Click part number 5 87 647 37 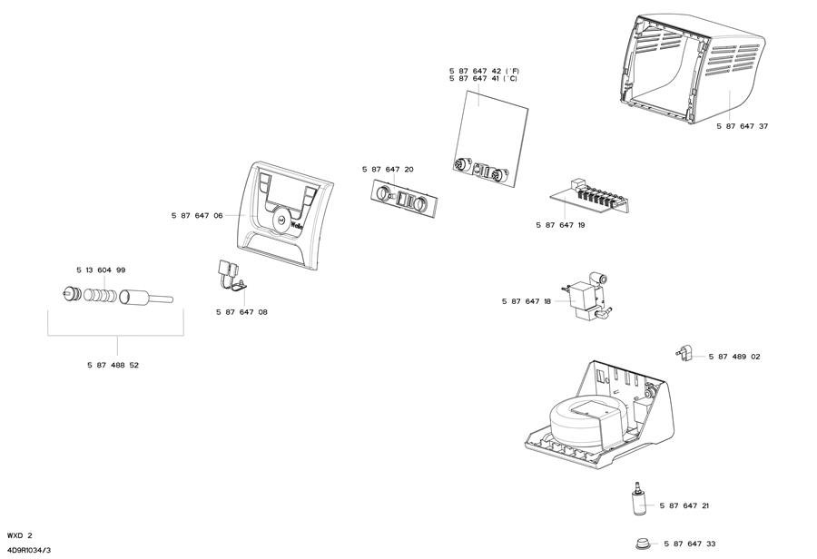tap(742, 126)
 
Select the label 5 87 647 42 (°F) tap(484, 71)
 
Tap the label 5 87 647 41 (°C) tap(484, 79)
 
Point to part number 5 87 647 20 tap(388, 170)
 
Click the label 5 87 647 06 tap(197, 216)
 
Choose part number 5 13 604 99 tap(101, 270)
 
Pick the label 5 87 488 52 tap(113, 365)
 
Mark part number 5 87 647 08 tap(241, 312)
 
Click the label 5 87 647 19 tap(560, 224)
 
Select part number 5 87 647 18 tap(527, 301)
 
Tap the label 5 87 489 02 tap(734, 357)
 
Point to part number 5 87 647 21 tap(684, 505)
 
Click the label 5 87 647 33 tap(689, 544)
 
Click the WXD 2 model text tap(19, 535)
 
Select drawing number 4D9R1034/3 tap(28, 550)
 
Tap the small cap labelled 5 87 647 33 tap(643, 543)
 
